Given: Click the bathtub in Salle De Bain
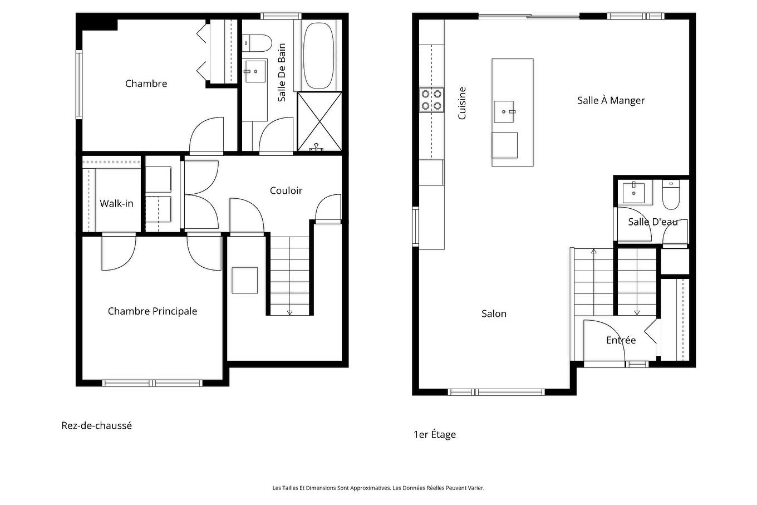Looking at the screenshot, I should click(318, 55).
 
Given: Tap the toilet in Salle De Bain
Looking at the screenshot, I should click(257, 42).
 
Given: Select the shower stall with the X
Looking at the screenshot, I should click(319, 121).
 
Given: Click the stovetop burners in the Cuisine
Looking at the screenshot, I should click(431, 100).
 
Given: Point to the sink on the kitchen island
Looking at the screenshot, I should click(504, 111).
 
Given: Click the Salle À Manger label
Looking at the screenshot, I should click(611, 100).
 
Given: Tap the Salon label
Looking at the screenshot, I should click(494, 313).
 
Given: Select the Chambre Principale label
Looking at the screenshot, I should click(152, 311).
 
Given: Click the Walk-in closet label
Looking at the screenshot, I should click(116, 203).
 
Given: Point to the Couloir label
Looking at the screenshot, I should click(286, 190).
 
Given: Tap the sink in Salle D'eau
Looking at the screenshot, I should click(633, 192).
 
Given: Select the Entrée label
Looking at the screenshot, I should click(621, 340).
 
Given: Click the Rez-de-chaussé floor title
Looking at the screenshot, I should click(96, 425).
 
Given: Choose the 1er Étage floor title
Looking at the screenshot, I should click(434, 434).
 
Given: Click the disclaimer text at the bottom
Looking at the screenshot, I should click(378, 488).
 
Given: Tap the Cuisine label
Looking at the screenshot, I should click(461, 103).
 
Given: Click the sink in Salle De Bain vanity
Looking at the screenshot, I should click(255, 71).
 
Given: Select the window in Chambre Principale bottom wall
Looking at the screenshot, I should click(152, 383).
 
